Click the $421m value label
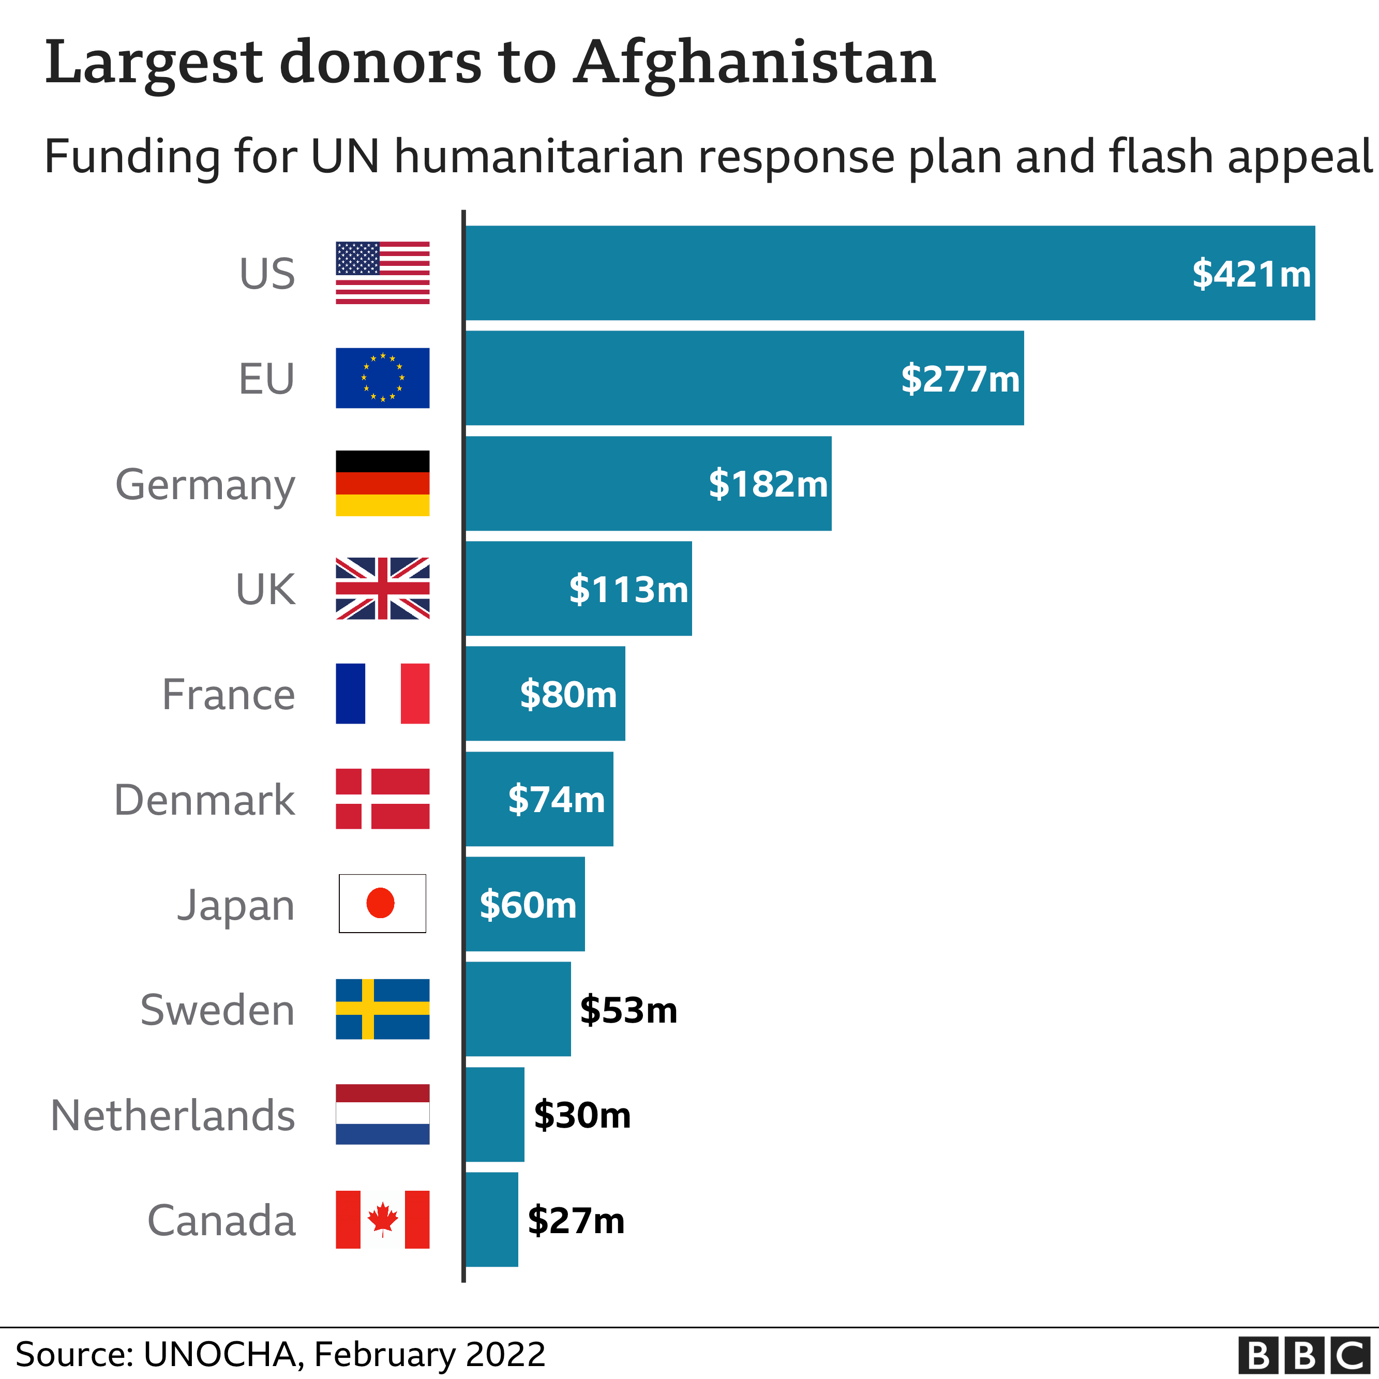1251,274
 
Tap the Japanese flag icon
383,903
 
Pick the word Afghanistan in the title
755,63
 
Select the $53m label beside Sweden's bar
628,1010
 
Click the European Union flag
383,378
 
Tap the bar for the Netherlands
494,1114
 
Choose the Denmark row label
204,800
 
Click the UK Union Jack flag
383,588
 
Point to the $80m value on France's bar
568,694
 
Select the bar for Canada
492,1219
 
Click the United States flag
383,273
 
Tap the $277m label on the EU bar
960,378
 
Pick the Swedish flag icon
383,1009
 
